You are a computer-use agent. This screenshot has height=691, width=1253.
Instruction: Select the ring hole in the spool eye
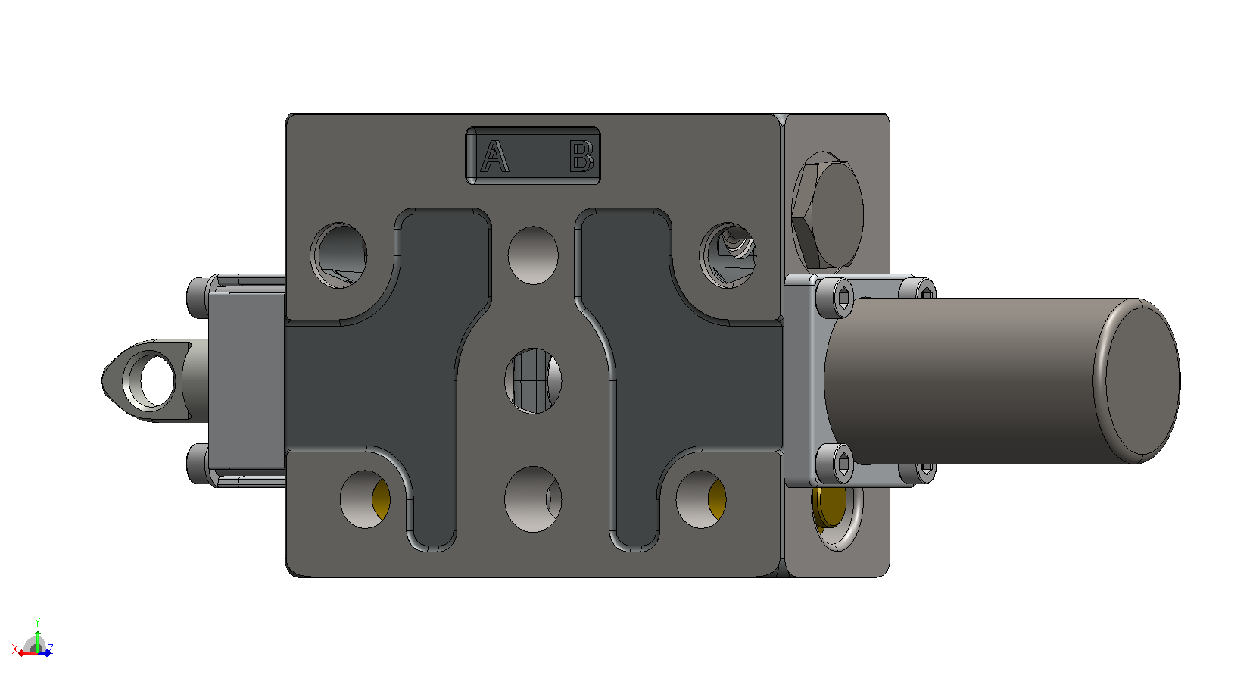[x=149, y=380]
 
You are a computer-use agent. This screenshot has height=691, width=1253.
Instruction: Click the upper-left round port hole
[x=339, y=255]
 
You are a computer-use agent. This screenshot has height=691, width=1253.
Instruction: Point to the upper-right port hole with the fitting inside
[x=728, y=255]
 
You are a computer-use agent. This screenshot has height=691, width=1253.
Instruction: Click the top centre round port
[x=533, y=255]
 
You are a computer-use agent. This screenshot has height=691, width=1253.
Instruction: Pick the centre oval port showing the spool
[x=533, y=381]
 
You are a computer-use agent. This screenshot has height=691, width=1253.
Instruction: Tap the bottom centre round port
[x=533, y=499]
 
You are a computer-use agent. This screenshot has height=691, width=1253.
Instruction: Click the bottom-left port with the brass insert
[x=365, y=499]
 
